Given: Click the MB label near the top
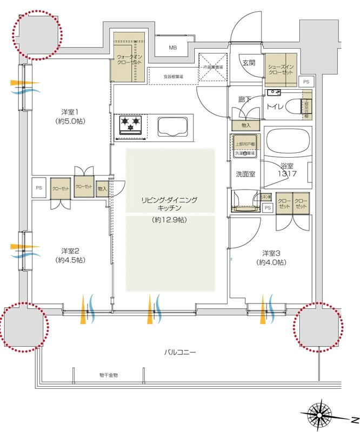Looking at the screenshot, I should (172, 48).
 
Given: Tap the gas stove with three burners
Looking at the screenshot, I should (129, 125).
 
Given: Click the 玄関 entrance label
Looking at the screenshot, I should (249, 63).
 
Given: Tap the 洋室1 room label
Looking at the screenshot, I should (70, 112).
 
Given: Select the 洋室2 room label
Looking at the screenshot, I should (70, 251).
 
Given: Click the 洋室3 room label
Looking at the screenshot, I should (271, 253).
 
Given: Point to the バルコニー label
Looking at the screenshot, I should (181, 353).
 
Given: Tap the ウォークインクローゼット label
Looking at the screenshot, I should (130, 59).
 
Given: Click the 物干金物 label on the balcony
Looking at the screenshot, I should (108, 375).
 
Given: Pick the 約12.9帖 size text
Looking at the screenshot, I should (170, 220).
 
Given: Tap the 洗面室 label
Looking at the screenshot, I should (244, 174).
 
